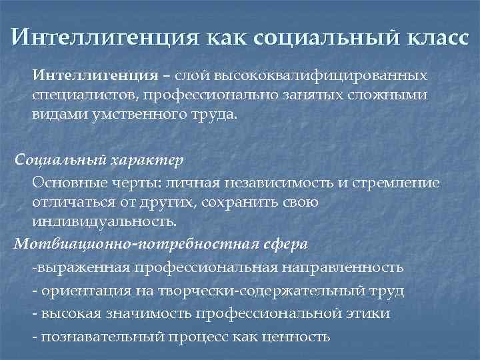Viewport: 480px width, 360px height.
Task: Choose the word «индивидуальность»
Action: coord(105,223)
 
